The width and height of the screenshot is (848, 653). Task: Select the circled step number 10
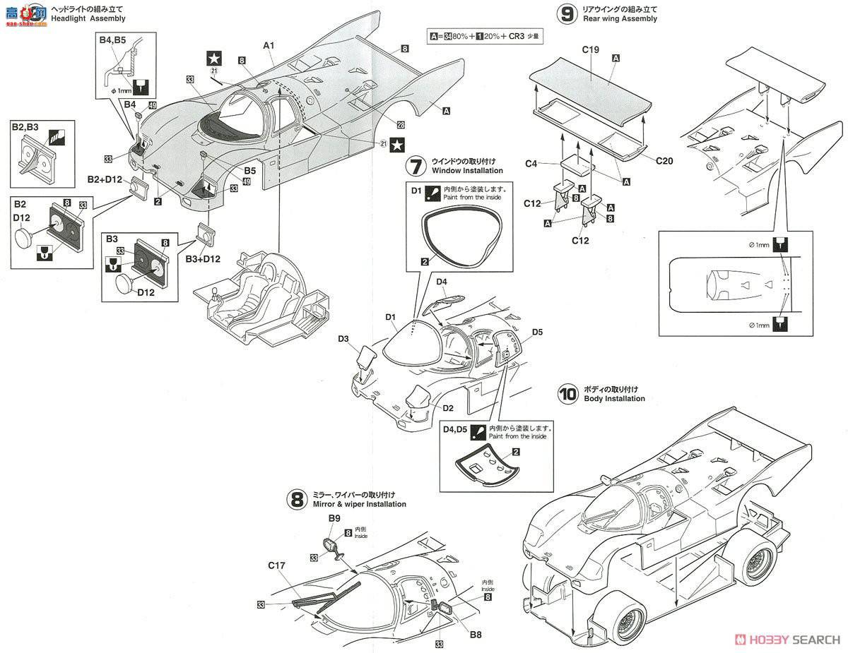point(567,393)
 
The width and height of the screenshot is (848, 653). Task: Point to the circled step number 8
point(297,499)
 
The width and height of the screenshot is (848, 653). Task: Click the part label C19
point(591,50)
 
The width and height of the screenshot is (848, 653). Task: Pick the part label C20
point(664,161)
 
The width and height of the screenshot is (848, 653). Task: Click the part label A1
point(269,45)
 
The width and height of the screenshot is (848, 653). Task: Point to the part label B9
point(334,518)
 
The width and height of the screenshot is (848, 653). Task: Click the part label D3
point(343,340)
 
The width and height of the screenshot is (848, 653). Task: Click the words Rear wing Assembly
point(620,19)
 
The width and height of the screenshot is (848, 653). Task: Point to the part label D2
point(449,408)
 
